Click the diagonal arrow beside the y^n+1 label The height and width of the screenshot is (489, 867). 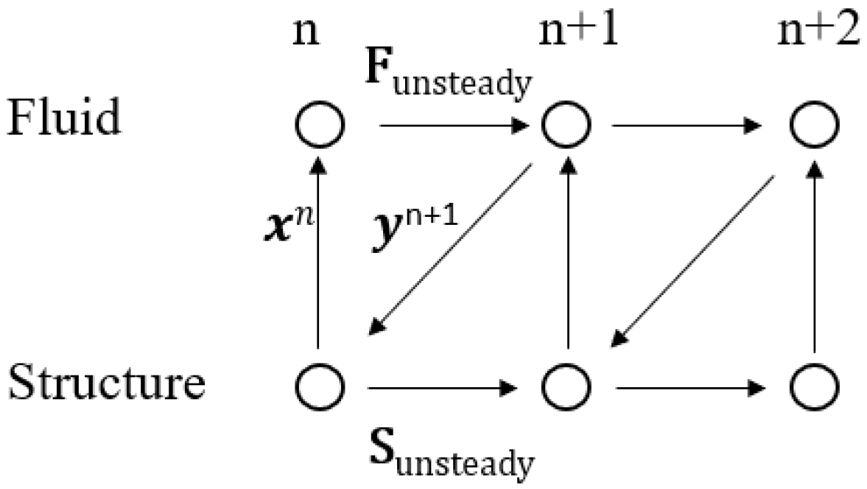coord(450,251)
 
